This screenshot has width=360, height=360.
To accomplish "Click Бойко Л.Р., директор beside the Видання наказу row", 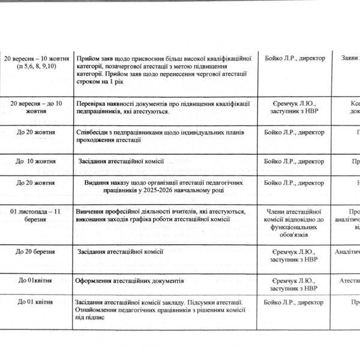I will click(x=294, y=182).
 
